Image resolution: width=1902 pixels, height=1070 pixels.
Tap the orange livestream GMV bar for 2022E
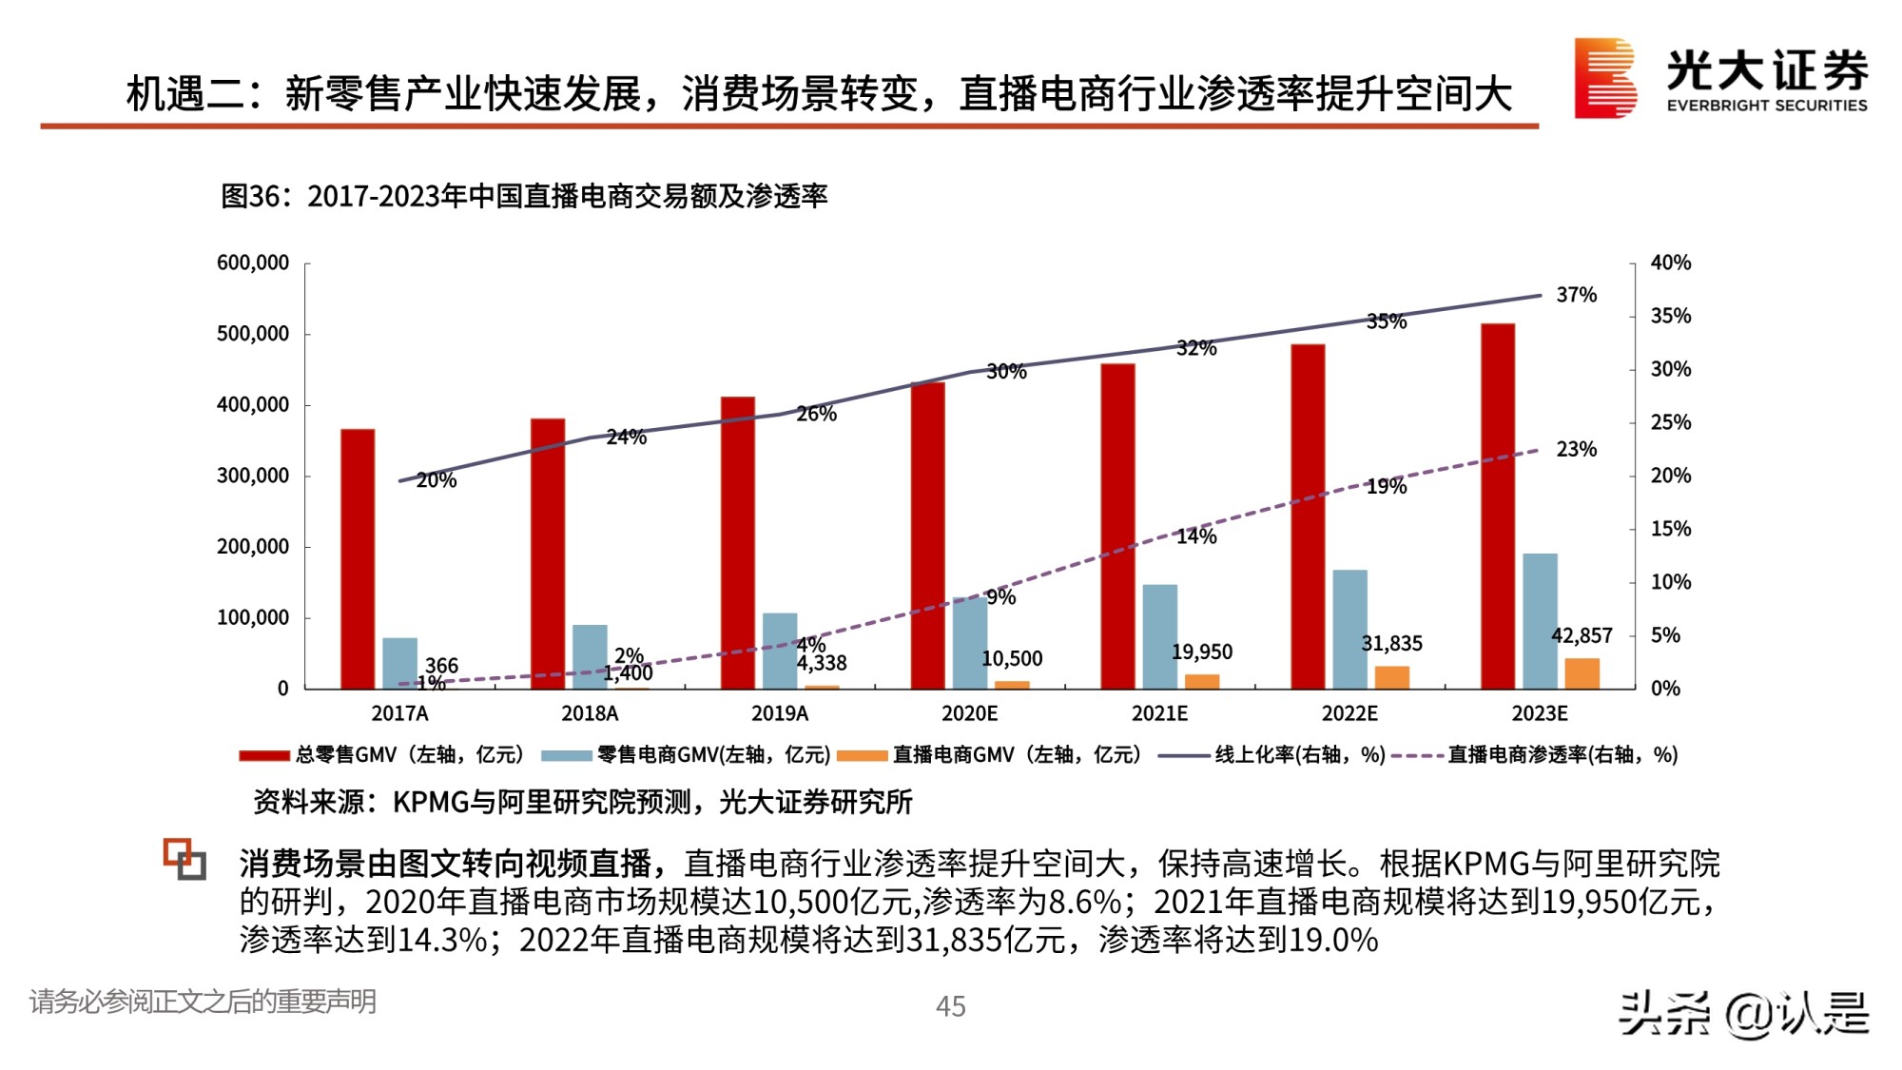click(x=1391, y=677)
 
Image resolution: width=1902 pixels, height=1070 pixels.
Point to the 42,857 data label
click(x=1582, y=635)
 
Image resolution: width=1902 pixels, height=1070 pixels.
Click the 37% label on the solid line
click(x=1576, y=295)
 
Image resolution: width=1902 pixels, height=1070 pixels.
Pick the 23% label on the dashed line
click(x=1576, y=449)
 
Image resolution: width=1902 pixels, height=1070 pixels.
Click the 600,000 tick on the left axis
click(x=253, y=263)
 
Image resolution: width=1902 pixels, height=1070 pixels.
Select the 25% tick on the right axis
click(x=1670, y=422)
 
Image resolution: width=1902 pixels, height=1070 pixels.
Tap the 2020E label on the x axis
click(x=969, y=713)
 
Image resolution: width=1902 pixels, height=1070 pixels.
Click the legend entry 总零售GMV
click(x=380, y=755)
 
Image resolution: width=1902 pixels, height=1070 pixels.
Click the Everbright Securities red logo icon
click(x=1604, y=78)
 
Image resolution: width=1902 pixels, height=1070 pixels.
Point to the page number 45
click(x=950, y=1006)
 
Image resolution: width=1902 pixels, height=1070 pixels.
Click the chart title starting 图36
click(x=524, y=196)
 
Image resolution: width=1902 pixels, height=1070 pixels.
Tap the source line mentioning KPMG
click(x=582, y=802)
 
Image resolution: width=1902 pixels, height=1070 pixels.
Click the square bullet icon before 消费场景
click(x=184, y=859)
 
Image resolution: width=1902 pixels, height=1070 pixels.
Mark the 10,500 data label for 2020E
click(x=1012, y=659)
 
